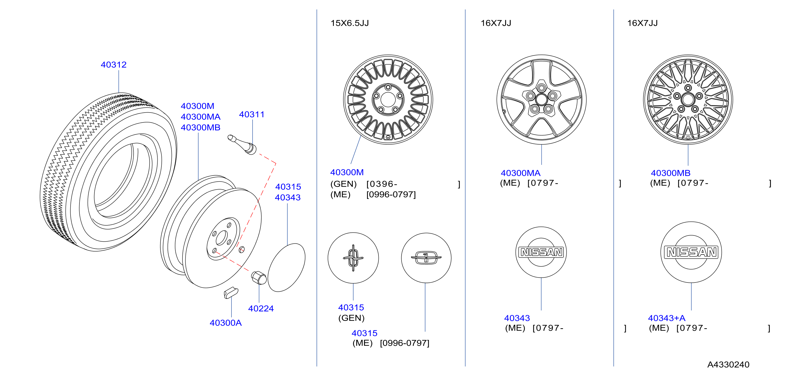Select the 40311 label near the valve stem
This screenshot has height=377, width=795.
pyautogui.click(x=252, y=114)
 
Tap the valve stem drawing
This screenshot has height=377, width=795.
pyautogui.click(x=242, y=144)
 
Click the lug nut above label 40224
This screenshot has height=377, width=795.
pyautogui.click(x=259, y=278)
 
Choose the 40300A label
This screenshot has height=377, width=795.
pyautogui.click(x=226, y=323)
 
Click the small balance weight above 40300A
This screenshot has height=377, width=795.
pyautogui.click(x=231, y=293)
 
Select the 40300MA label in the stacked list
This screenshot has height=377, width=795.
pyautogui.click(x=201, y=117)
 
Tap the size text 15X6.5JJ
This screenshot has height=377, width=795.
pyautogui.click(x=350, y=23)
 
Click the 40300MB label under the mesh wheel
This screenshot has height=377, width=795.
pyautogui.click(x=670, y=173)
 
